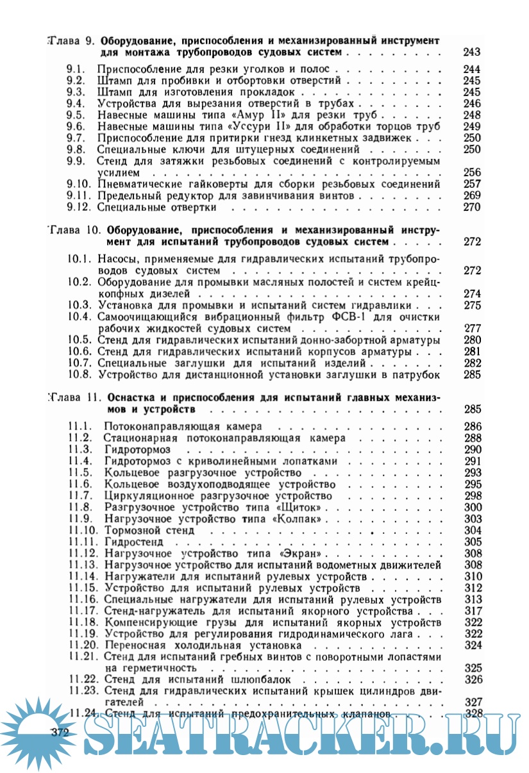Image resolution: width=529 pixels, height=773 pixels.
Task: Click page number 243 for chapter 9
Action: [x=471, y=52]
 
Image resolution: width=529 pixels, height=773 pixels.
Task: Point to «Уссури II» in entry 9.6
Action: [x=255, y=126]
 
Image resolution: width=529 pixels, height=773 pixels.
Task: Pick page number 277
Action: [x=471, y=328]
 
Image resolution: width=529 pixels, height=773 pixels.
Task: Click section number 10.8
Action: [x=80, y=374]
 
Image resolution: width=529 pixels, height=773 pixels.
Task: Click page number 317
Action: [x=473, y=611]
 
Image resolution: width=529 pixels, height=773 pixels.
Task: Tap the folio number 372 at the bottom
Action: [x=59, y=731]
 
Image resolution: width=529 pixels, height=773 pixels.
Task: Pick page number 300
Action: [x=473, y=507]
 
